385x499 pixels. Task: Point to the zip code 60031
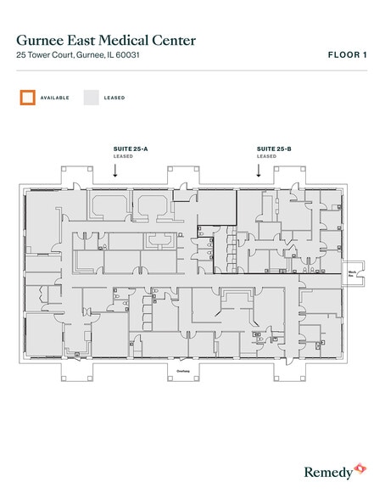coord(126,55)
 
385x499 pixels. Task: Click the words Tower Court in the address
coord(47,55)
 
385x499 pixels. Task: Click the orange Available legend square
coord(28,98)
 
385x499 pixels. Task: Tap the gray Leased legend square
coord(91,98)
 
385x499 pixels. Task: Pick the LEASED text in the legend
coord(114,98)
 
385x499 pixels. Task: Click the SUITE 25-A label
coord(131,149)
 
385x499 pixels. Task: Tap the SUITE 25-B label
coord(274,149)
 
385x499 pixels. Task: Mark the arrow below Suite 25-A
coord(115,171)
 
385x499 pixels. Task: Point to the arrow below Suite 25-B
coord(259,171)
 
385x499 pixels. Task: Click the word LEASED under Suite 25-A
coord(124,156)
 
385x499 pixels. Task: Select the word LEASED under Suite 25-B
coord(267,156)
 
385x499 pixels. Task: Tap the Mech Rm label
coord(350,273)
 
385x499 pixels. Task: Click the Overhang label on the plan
coord(182,371)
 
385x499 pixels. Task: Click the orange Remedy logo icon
coord(360,468)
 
